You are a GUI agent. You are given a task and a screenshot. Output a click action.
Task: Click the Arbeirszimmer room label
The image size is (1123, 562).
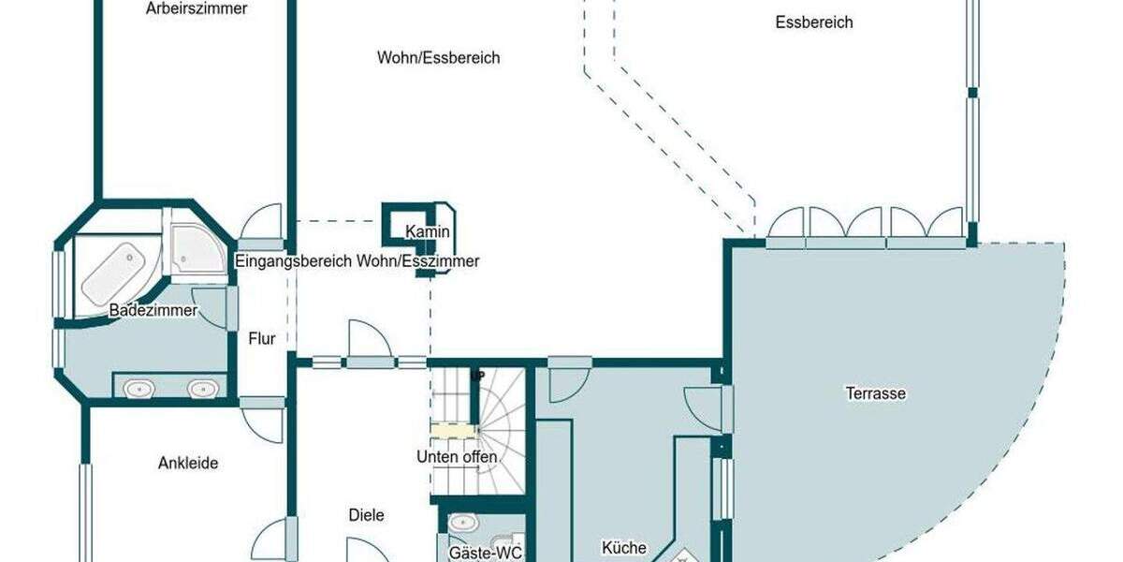pos(197,9)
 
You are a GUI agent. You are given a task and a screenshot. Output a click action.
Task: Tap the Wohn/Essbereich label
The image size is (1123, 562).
pos(438,58)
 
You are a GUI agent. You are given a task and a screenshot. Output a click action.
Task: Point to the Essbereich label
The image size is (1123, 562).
pos(814,22)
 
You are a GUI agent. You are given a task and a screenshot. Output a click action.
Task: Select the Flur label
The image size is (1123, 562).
pos(262,339)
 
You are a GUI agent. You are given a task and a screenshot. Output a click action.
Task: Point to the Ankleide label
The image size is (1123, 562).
pos(188,463)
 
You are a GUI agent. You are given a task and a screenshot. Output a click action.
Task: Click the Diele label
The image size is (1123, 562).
pos(366,515)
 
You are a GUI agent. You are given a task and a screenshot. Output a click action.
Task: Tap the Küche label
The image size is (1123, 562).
pos(624,547)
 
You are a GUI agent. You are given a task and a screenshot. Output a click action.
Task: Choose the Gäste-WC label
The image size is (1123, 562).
pos(485,553)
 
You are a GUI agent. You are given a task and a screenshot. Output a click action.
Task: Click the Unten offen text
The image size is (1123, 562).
pos(457,457)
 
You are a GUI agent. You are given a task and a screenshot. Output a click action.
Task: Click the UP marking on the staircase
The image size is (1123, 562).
pos(477,376)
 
